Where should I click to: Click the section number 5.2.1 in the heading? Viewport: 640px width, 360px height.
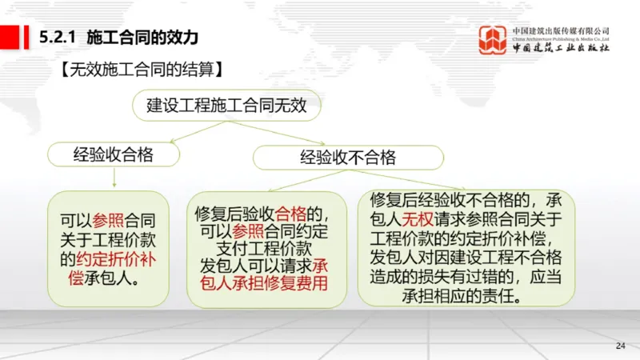click(x=57, y=37)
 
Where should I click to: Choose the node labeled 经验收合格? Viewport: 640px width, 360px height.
click(x=114, y=153)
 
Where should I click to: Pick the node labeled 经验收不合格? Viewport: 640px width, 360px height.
click(x=348, y=157)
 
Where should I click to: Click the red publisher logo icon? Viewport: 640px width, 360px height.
click(x=492, y=40)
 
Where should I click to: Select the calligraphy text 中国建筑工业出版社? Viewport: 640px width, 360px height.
click(x=562, y=48)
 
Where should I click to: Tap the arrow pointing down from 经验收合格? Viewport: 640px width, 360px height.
click(x=114, y=176)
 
